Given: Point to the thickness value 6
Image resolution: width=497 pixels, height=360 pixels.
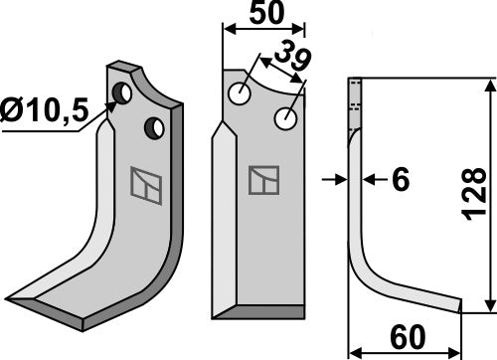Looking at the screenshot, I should coord(401,180).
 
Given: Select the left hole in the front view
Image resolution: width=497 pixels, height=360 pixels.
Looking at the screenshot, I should coord(239,94).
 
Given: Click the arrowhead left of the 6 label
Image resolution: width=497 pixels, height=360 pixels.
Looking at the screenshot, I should coord(339,179).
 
